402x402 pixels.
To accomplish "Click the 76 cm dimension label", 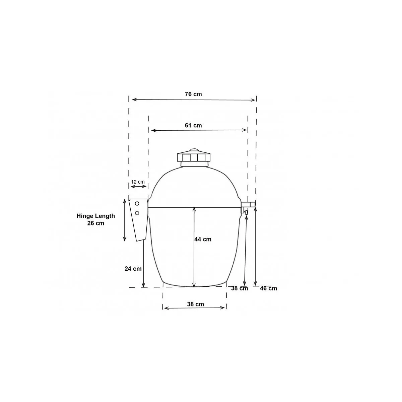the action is tap(193, 94).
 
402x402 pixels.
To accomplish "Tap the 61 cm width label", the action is tap(193, 125).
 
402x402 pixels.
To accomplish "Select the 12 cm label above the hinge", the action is tap(138, 182).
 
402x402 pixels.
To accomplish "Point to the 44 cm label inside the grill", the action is tap(203, 239).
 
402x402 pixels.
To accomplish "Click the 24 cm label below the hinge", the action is tap(133, 269).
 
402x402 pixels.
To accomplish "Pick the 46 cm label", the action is tap(268, 288).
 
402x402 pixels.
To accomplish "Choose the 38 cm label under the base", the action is tap(195, 304).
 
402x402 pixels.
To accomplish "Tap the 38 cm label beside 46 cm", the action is tap(240, 288).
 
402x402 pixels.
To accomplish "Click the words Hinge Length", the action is tap(96, 216).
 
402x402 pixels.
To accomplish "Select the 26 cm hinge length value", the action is tap(96, 223).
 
